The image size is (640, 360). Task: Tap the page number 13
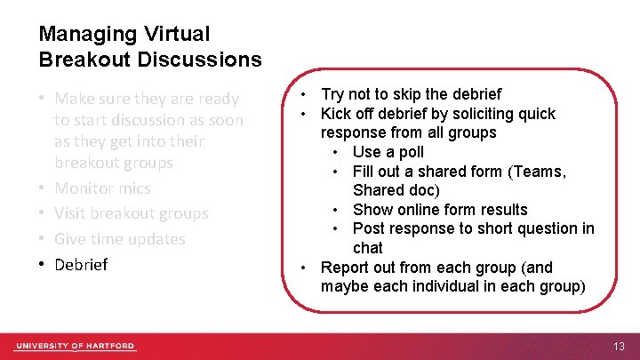619,346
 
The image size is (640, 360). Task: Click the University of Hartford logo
75,346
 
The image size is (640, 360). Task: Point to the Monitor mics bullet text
102,188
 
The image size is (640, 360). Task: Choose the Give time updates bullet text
119,239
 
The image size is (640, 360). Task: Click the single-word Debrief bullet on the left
81,265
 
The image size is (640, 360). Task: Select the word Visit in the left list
69,214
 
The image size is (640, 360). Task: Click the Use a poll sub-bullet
388,152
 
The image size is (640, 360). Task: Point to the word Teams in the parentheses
545,172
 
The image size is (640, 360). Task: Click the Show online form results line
440,210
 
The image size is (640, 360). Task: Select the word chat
367,248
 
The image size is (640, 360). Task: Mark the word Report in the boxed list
344,268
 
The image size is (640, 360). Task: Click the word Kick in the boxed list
336,114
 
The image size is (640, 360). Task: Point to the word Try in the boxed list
333,94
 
